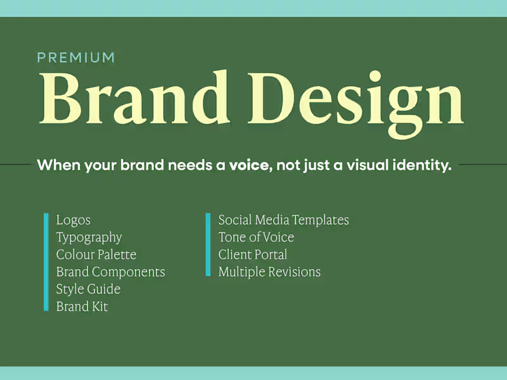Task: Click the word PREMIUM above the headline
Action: (x=76, y=58)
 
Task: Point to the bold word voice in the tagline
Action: (x=248, y=166)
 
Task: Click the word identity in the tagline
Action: (x=419, y=166)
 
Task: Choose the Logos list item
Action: (x=73, y=220)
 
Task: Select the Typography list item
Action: (x=89, y=237)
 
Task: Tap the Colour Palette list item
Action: (x=96, y=255)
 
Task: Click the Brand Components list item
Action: (x=110, y=272)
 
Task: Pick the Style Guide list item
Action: (x=88, y=289)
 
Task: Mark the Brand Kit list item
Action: (x=82, y=307)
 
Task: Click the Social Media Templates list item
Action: (x=283, y=220)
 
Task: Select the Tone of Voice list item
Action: (x=256, y=237)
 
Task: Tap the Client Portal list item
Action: (x=252, y=255)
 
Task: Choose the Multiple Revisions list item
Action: (x=269, y=272)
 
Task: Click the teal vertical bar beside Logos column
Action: (x=46, y=262)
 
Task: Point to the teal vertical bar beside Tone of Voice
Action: (x=208, y=244)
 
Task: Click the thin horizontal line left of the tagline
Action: (x=15, y=165)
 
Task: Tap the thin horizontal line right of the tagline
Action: (x=483, y=165)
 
